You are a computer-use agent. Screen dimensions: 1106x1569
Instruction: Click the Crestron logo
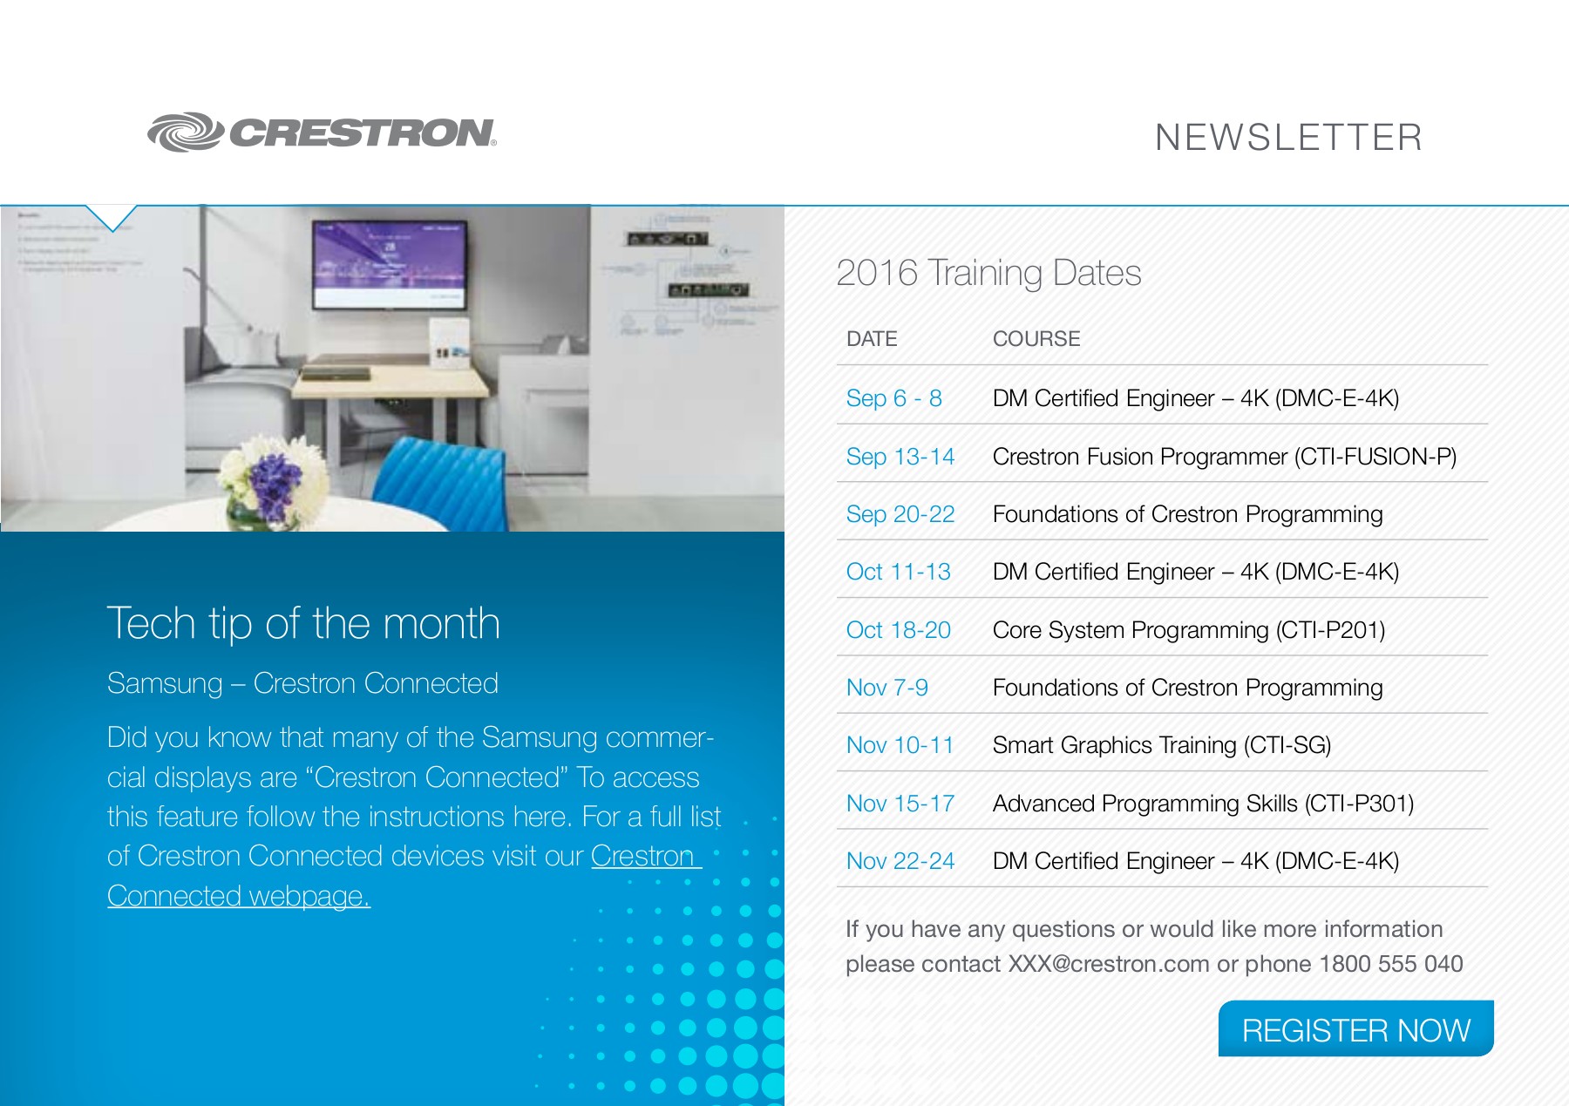click(322, 132)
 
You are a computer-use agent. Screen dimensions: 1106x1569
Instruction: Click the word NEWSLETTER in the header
click(1288, 138)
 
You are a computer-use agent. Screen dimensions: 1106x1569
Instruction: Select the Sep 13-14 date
click(900, 457)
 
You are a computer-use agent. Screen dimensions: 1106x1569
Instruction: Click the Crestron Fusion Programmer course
click(1224, 457)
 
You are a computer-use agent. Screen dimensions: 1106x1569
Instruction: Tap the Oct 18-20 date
click(898, 630)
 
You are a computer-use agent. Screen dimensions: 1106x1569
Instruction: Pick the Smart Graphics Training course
click(1161, 745)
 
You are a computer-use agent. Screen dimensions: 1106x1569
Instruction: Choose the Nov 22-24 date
click(900, 861)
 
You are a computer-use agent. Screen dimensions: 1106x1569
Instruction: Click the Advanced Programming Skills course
click(1203, 804)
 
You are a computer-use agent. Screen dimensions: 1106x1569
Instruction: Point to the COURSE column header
click(1036, 339)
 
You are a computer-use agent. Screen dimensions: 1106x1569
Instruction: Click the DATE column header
click(871, 339)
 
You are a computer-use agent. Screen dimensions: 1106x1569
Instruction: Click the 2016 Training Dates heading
click(988, 273)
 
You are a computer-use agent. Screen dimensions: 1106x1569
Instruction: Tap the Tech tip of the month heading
click(303, 623)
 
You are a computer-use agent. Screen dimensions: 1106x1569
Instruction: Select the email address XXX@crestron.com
click(1108, 964)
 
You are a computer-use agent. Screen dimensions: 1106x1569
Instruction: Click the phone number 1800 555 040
click(1390, 964)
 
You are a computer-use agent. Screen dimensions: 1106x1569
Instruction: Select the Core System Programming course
click(1188, 630)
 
